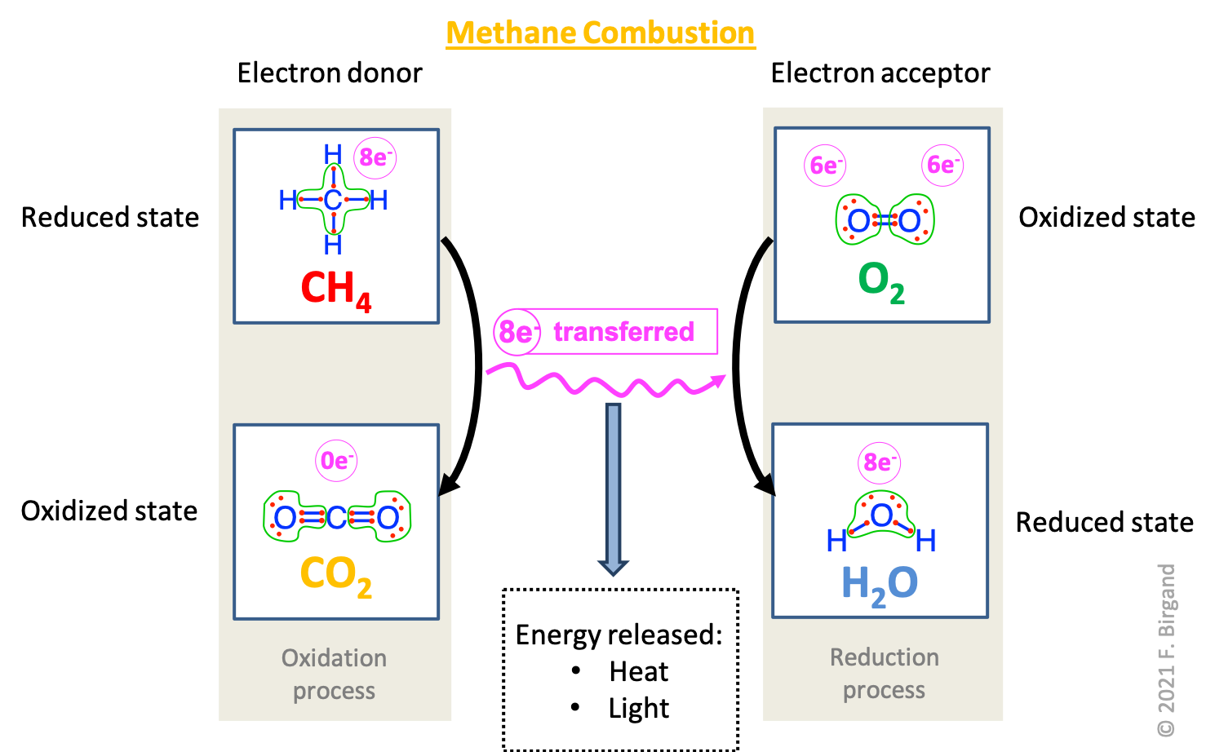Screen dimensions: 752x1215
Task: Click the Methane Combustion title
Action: pyautogui.click(x=601, y=33)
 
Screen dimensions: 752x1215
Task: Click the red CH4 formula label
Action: pyautogui.click(x=335, y=290)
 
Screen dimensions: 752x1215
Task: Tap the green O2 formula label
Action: pyautogui.click(x=881, y=281)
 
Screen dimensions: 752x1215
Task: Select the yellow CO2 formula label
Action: pyautogui.click(x=335, y=575)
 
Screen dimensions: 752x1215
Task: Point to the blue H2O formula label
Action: pyautogui.click(x=880, y=585)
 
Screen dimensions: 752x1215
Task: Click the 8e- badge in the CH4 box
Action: pyautogui.click(x=375, y=157)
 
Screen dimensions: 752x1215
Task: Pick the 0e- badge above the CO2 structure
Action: pyautogui.click(x=336, y=461)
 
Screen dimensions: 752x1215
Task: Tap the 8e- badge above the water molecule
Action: pyautogui.click(x=879, y=462)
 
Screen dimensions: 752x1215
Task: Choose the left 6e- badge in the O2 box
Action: pyautogui.click(x=825, y=166)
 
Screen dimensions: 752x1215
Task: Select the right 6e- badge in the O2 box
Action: pyautogui.click(x=942, y=166)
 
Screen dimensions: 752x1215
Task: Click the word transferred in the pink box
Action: pyautogui.click(x=623, y=332)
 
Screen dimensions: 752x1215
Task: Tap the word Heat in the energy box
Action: pyautogui.click(x=638, y=671)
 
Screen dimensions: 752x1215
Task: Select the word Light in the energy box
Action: pyautogui.click(x=638, y=708)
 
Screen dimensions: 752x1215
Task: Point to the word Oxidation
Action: pyautogui.click(x=334, y=658)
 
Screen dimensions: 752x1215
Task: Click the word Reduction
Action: pyautogui.click(x=884, y=657)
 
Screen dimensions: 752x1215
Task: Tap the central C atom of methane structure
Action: pyautogui.click(x=333, y=200)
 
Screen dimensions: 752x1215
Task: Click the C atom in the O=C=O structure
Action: pyautogui.click(x=336, y=517)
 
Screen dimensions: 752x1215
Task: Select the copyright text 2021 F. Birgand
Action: pyautogui.click(x=1166, y=650)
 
